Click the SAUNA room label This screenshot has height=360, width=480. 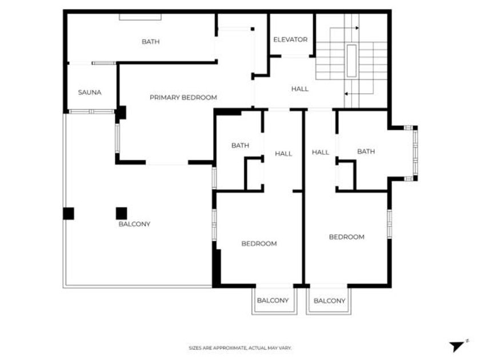pyautogui.click(x=90, y=93)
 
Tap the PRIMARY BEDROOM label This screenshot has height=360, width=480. pyautogui.click(x=183, y=98)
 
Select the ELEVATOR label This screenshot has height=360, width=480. pyautogui.click(x=290, y=39)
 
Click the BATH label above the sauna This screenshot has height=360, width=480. pyautogui.click(x=151, y=42)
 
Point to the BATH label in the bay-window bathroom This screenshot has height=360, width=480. pyautogui.click(x=366, y=151)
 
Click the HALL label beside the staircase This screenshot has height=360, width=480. pyautogui.click(x=300, y=89)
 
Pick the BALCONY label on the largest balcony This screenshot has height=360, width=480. pyautogui.click(x=134, y=224)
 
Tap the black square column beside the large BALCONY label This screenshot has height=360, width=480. pyautogui.click(x=121, y=213)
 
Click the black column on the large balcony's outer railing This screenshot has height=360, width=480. pyautogui.click(x=69, y=213)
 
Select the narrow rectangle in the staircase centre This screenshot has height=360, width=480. pyautogui.click(x=351, y=61)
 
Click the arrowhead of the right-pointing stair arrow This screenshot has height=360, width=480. pyautogui.click(x=357, y=28)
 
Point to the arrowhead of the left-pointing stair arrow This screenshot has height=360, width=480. pyautogui.click(x=346, y=94)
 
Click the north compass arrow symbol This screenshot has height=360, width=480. pyautogui.click(x=457, y=346)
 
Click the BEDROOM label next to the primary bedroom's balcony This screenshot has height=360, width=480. pyautogui.click(x=259, y=243)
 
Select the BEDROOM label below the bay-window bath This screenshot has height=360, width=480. pyautogui.click(x=346, y=237)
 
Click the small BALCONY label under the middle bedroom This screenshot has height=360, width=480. pyautogui.click(x=273, y=301)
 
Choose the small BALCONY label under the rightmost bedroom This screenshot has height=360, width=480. pyautogui.click(x=329, y=301)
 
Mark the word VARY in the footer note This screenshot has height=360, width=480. pyautogui.click(x=286, y=348)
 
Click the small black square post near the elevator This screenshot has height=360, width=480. pyautogui.click(x=253, y=29)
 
